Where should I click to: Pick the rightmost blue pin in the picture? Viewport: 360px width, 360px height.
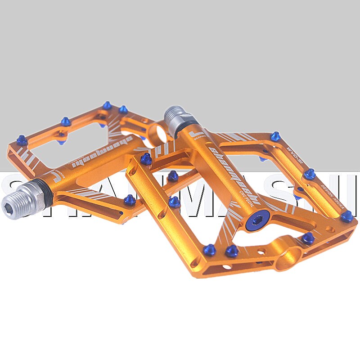346,216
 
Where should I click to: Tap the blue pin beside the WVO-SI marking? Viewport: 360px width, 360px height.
275,136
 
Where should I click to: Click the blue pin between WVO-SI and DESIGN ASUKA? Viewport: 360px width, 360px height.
309,174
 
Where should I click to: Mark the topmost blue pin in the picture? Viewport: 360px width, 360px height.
107,105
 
